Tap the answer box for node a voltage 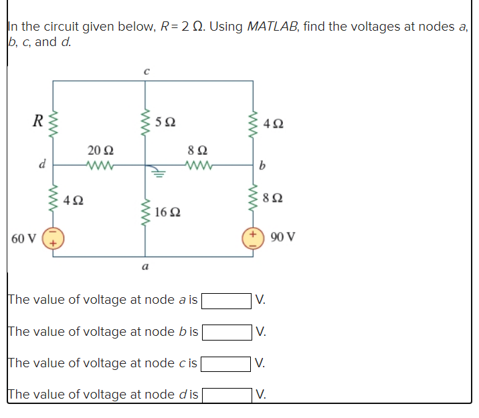pos(227,300)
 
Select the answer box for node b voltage pos(227,331)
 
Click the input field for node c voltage pos(227,363)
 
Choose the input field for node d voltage pos(227,395)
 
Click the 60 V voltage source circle pos(53,238)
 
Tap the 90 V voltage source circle pos(253,238)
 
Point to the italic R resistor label pos(39,122)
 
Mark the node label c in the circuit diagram pos(146,69)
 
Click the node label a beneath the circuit pos(145,267)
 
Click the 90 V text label pos(283,237)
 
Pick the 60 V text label pos(23,238)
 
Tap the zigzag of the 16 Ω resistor pos(146,212)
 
